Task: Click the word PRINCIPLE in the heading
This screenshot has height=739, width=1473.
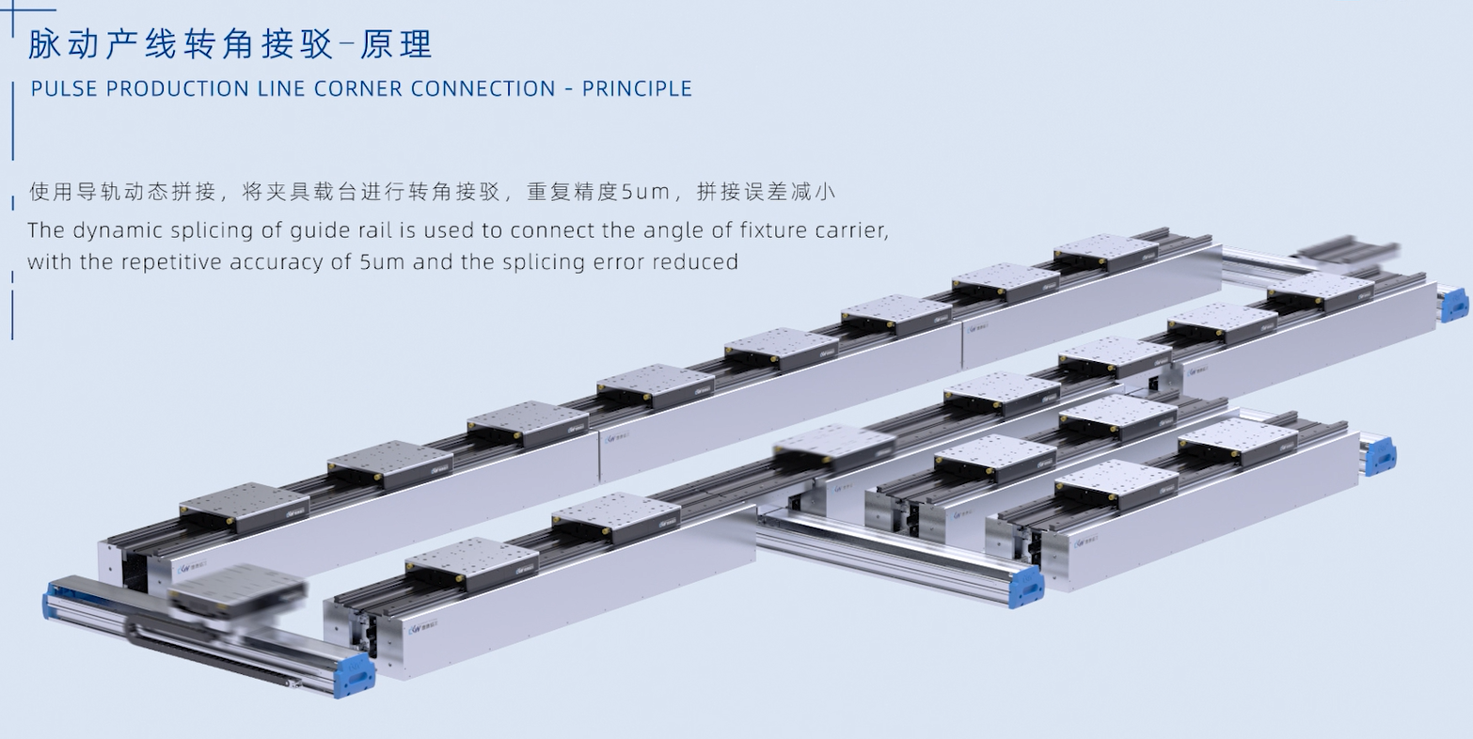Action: pyautogui.click(x=638, y=89)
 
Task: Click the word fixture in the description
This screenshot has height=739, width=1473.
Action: pyautogui.click(x=748, y=230)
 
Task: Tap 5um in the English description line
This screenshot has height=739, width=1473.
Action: pyautogui.click(x=382, y=261)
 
